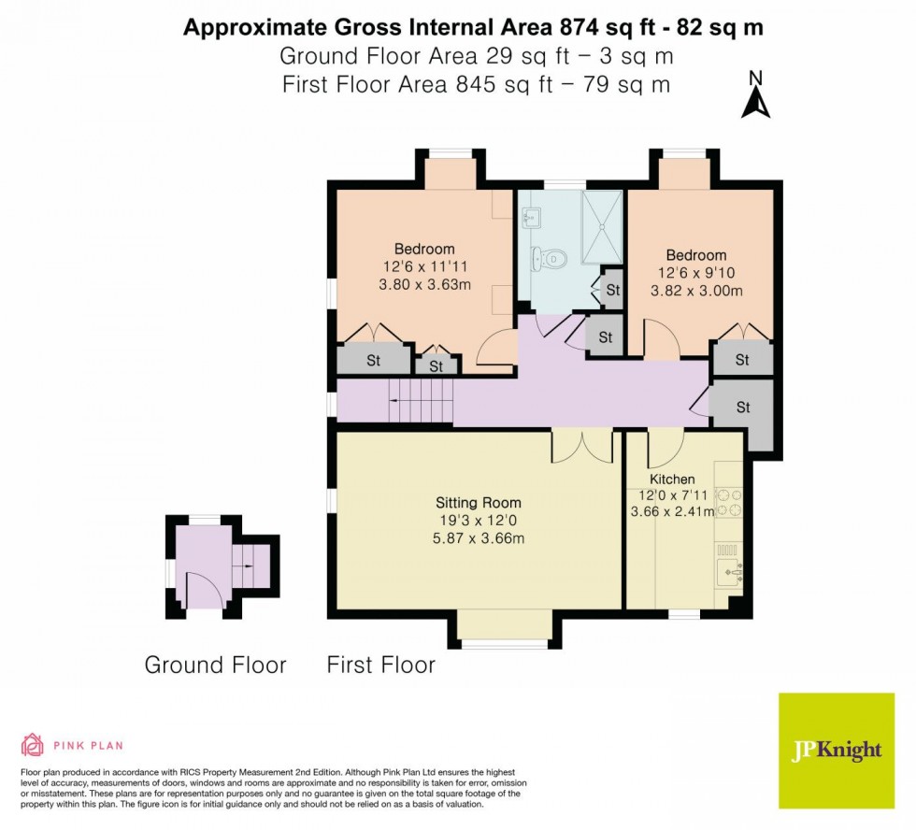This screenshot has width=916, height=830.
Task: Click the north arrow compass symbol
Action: click(755, 96)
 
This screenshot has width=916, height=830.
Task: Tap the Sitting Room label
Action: click(478, 502)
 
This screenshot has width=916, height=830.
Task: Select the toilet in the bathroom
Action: click(552, 257)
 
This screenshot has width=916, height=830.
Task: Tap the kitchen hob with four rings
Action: click(728, 503)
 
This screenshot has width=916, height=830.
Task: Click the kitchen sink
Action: click(728, 566)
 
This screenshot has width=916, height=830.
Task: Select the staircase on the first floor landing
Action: click(422, 400)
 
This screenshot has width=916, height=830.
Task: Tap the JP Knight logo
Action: click(837, 751)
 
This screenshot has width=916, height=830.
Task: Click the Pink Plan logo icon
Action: click(33, 745)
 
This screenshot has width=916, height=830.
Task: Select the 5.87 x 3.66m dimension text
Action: click(479, 538)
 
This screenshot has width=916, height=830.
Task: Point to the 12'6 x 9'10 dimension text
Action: click(695, 273)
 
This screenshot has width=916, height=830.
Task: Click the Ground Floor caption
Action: click(215, 665)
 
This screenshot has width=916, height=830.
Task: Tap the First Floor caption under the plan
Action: click(380, 665)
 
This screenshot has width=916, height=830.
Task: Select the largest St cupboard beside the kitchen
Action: click(743, 408)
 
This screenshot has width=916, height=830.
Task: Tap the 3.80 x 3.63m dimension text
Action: click(423, 285)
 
